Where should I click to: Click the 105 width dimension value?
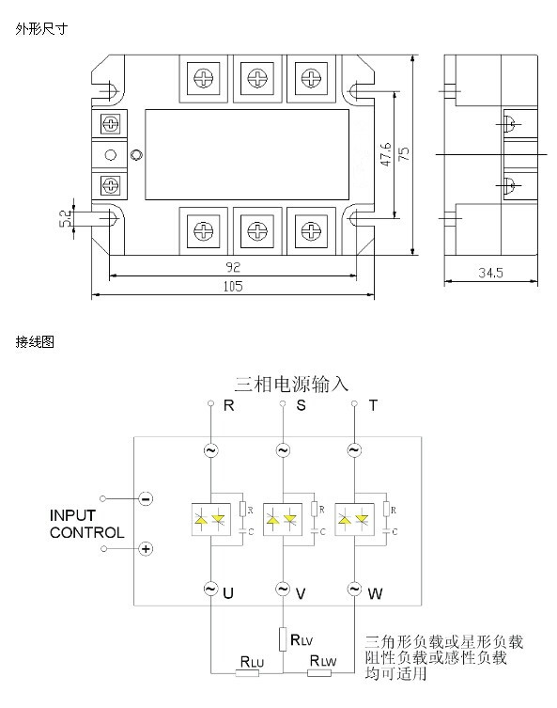tap(233, 286)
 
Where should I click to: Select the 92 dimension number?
tap(233, 267)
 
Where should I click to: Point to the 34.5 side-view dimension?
tap(490, 273)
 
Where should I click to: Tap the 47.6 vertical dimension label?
tap(386, 154)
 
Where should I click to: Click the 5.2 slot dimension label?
tap(66, 218)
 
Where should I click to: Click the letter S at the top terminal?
tap(301, 405)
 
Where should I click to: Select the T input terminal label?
tap(373, 405)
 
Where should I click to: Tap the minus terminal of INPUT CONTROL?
tap(146, 499)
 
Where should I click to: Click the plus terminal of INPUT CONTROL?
tap(146, 548)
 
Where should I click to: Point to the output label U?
tap(228, 593)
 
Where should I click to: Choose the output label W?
tap(375, 593)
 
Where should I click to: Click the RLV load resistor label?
tap(302, 639)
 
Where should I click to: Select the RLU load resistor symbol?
tap(247, 673)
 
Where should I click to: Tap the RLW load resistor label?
tap(323, 661)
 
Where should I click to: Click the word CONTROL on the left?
tap(87, 533)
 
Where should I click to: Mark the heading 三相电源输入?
tap(291, 385)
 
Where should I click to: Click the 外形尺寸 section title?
tap(41, 29)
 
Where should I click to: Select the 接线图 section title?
tap(35, 341)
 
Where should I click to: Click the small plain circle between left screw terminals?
tap(111, 155)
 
